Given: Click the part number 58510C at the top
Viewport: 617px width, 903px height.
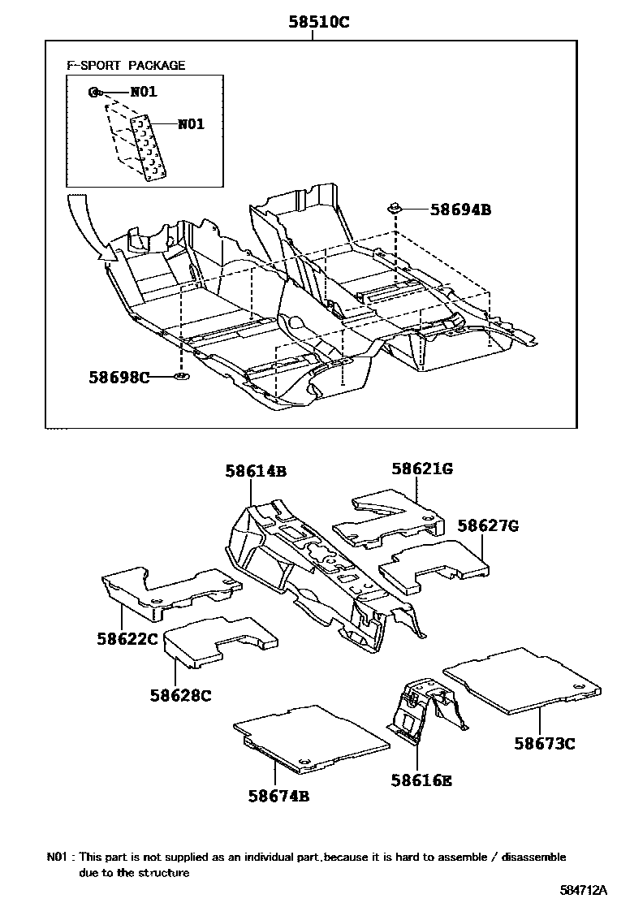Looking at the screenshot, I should pos(319,23).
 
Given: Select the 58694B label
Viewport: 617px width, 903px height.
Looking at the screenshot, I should pos(460,210).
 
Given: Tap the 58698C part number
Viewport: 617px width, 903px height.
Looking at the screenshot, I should pos(119,377).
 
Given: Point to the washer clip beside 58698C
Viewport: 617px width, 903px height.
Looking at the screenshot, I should pos(180,377).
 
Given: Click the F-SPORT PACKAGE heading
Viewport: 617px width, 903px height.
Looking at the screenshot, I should pos(126,65).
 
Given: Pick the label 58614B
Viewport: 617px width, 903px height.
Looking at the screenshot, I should pos(256,471).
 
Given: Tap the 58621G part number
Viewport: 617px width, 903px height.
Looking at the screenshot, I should pos(422,469).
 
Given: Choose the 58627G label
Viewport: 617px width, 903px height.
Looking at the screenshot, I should pos(487,525).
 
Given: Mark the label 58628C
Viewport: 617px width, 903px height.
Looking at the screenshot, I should pos(180,695).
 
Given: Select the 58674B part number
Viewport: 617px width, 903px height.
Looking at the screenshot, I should pos(278,796).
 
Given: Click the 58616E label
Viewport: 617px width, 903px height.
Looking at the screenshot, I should pos(421,780).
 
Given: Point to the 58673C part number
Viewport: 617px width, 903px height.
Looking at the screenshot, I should pos(544,743).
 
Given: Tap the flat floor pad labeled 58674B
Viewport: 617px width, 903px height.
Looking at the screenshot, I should pos(313,735).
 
